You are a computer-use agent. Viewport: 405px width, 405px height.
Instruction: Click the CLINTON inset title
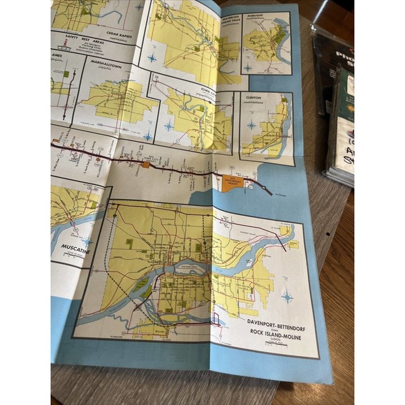(254, 98)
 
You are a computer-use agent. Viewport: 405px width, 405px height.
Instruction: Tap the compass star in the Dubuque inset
(249, 68)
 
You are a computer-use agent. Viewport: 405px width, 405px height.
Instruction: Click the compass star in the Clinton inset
(251, 125)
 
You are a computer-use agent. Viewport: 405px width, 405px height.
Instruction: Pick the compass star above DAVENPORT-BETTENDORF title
(286, 297)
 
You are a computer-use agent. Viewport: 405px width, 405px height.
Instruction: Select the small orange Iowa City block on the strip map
(145, 165)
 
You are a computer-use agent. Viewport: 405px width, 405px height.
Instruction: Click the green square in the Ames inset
(66, 74)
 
